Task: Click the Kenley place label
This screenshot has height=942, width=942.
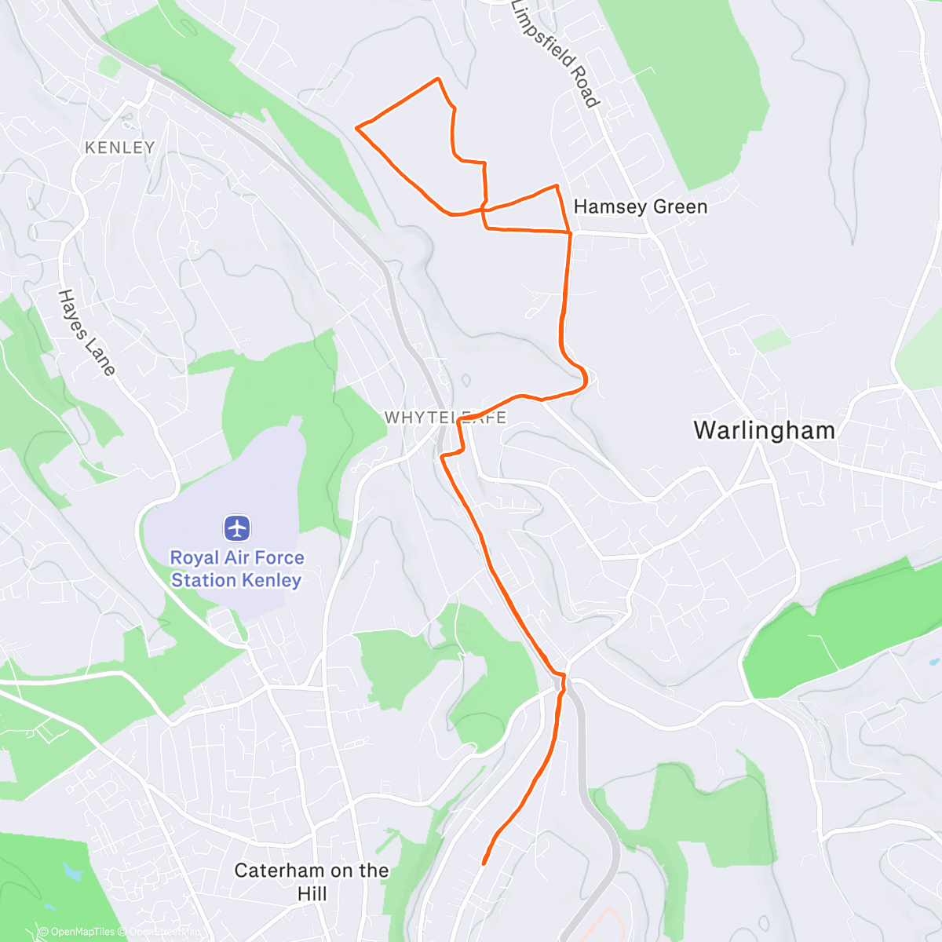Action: [120, 148]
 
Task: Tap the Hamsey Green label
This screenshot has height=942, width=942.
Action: [641, 206]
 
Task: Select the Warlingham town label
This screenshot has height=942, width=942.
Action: [765, 430]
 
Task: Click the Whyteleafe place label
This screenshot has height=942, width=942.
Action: [445, 418]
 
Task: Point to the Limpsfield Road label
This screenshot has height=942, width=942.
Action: [555, 53]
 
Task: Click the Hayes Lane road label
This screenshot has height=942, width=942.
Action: [86, 332]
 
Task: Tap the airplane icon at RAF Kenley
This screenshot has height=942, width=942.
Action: [237, 528]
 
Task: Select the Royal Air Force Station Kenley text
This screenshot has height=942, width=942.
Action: [237, 569]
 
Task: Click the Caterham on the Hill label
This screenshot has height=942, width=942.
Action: [312, 882]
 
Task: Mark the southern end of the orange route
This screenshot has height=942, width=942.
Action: [483, 863]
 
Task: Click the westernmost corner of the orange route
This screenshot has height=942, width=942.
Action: [356, 127]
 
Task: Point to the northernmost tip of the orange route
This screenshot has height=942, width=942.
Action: [437, 78]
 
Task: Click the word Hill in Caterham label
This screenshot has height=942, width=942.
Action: [312, 894]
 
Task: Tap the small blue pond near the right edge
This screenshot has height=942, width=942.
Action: [934, 662]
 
